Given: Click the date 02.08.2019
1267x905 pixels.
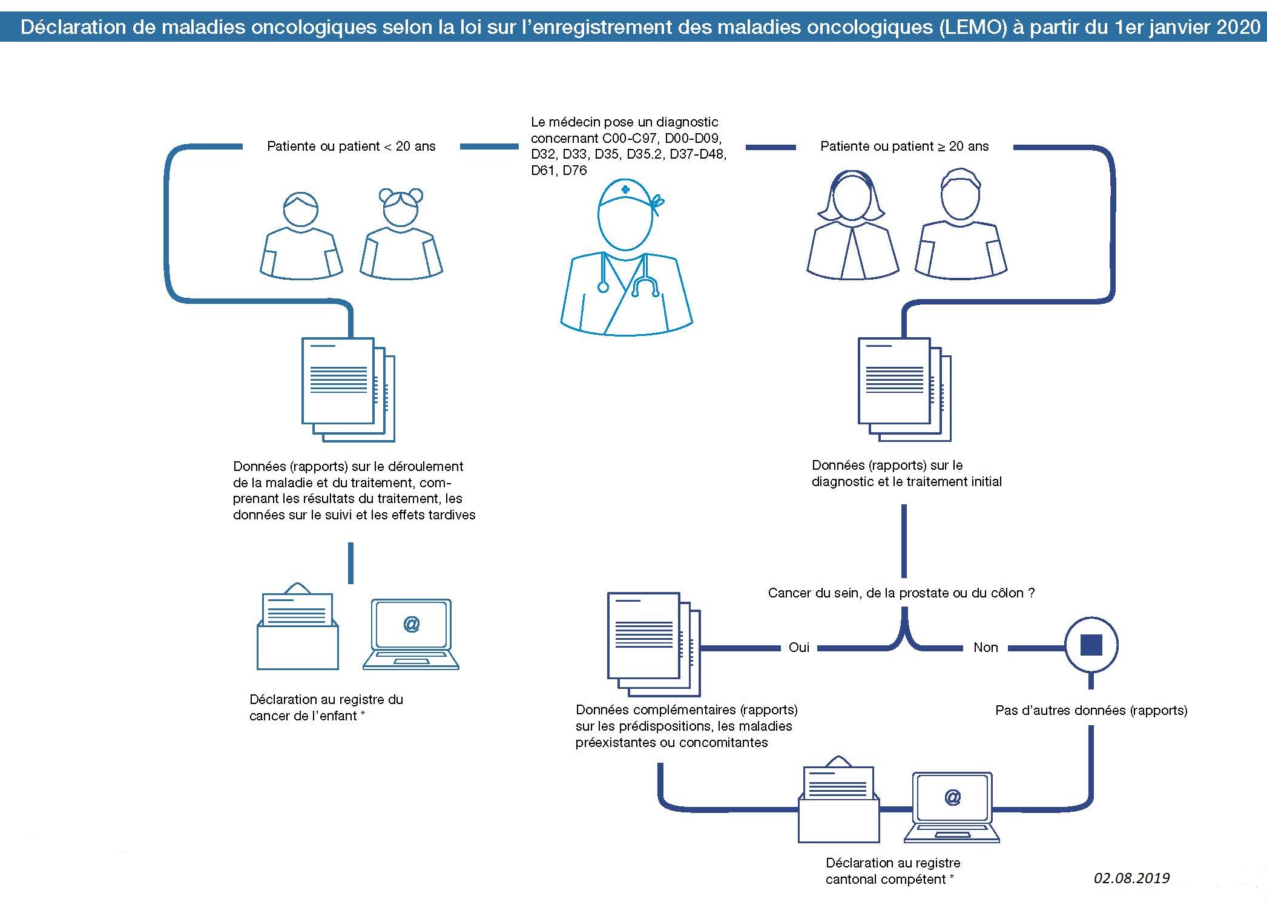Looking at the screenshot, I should [1131, 878].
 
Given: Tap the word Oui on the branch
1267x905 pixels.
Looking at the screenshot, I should [798, 647].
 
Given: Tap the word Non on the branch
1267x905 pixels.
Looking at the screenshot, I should [986, 647].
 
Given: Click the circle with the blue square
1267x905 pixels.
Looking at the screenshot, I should [1091, 645].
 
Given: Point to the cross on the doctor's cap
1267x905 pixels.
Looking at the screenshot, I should [625, 189].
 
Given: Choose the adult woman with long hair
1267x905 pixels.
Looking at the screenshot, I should [852, 227].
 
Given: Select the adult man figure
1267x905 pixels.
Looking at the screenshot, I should [960, 227].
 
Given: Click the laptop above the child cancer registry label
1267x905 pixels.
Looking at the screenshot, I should [411, 634].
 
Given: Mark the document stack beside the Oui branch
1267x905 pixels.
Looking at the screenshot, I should [653, 644].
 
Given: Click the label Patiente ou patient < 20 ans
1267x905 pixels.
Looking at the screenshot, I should [351, 146].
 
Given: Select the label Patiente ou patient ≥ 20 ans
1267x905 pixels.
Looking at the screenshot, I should [904, 146].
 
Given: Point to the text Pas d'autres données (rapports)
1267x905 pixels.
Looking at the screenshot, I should [1091, 710].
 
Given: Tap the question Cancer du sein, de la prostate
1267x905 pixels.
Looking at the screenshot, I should [901, 593].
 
